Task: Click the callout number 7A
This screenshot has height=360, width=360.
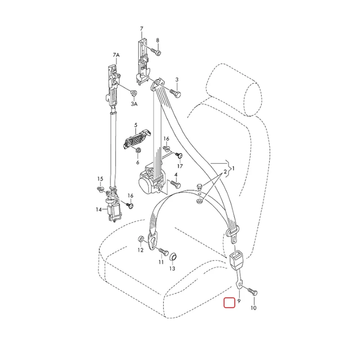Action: tap(116, 55)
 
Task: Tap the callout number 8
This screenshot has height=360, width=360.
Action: tap(157, 40)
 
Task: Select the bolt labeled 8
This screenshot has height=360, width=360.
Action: tap(156, 51)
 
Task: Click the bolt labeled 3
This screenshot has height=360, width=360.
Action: tap(175, 93)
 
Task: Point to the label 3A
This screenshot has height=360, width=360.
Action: tap(134, 104)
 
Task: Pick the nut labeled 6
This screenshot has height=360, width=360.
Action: tap(139, 150)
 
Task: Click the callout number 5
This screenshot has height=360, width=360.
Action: tap(136, 125)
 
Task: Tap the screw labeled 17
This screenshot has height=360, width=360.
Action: tap(179, 155)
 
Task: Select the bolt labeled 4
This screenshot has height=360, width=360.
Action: tap(175, 184)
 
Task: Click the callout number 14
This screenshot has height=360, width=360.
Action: tap(99, 209)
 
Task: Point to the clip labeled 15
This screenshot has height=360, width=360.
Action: tap(100, 189)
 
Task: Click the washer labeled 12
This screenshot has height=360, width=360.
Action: tap(140, 239)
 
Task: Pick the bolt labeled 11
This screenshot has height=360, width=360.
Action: tap(163, 251)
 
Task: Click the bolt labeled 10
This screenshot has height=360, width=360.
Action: tap(252, 292)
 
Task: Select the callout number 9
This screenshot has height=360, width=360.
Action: tap(239, 301)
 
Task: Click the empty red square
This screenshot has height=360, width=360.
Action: tap(229, 302)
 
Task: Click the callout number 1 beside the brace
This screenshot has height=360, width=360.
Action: tap(234, 168)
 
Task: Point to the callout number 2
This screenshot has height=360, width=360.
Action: tap(225, 171)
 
